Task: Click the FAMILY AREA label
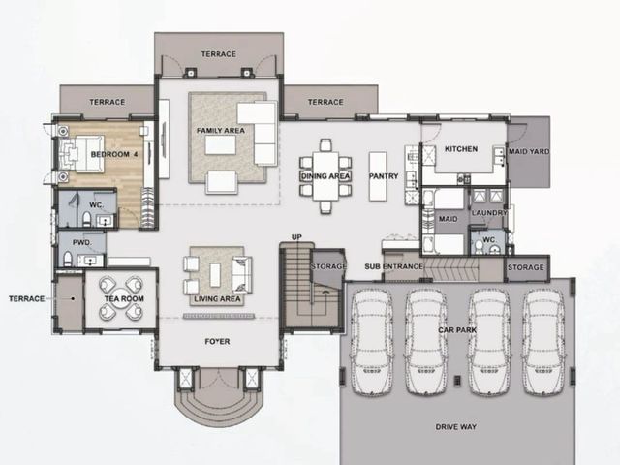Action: (x=221, y=131)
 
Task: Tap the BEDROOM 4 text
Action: (x=114, y=154)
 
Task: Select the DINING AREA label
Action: (x=325, y=176)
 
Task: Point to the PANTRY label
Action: (x=384, y=176)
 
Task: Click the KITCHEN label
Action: (x=461, y=149)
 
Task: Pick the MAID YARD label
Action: (x=529, y=151)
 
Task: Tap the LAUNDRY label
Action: (x=489, y=213)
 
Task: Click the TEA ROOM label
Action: (x=124, y=299)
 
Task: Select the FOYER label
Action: (x=217, y=341)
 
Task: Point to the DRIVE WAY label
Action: (x=456, y=427)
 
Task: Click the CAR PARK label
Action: (x=457, y=329)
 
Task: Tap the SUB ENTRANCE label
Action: (x=394, y=266)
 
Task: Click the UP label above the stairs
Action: (x=296, y=237)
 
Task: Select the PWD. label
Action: (x=82, y=242)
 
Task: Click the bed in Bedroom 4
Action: (x=81, y=154)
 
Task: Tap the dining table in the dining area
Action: (x=325, y=176)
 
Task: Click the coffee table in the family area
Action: (x=220, y=144)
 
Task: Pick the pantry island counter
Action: (x=378, y=176)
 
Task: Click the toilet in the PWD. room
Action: (x=68, y=259)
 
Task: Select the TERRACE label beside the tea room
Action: (x=27, y=299)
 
